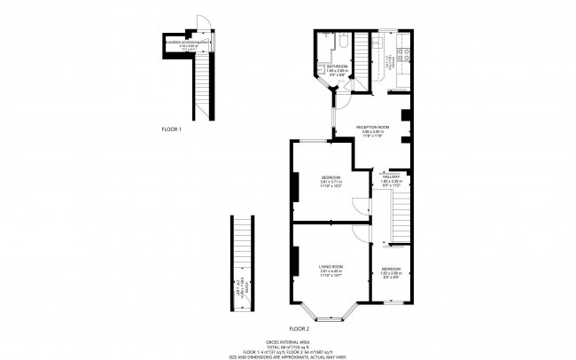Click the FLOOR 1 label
171,129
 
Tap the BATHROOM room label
337,67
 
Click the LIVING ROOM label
331,266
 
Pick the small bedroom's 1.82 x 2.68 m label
392,273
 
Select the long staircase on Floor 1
205,85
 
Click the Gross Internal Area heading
288,340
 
